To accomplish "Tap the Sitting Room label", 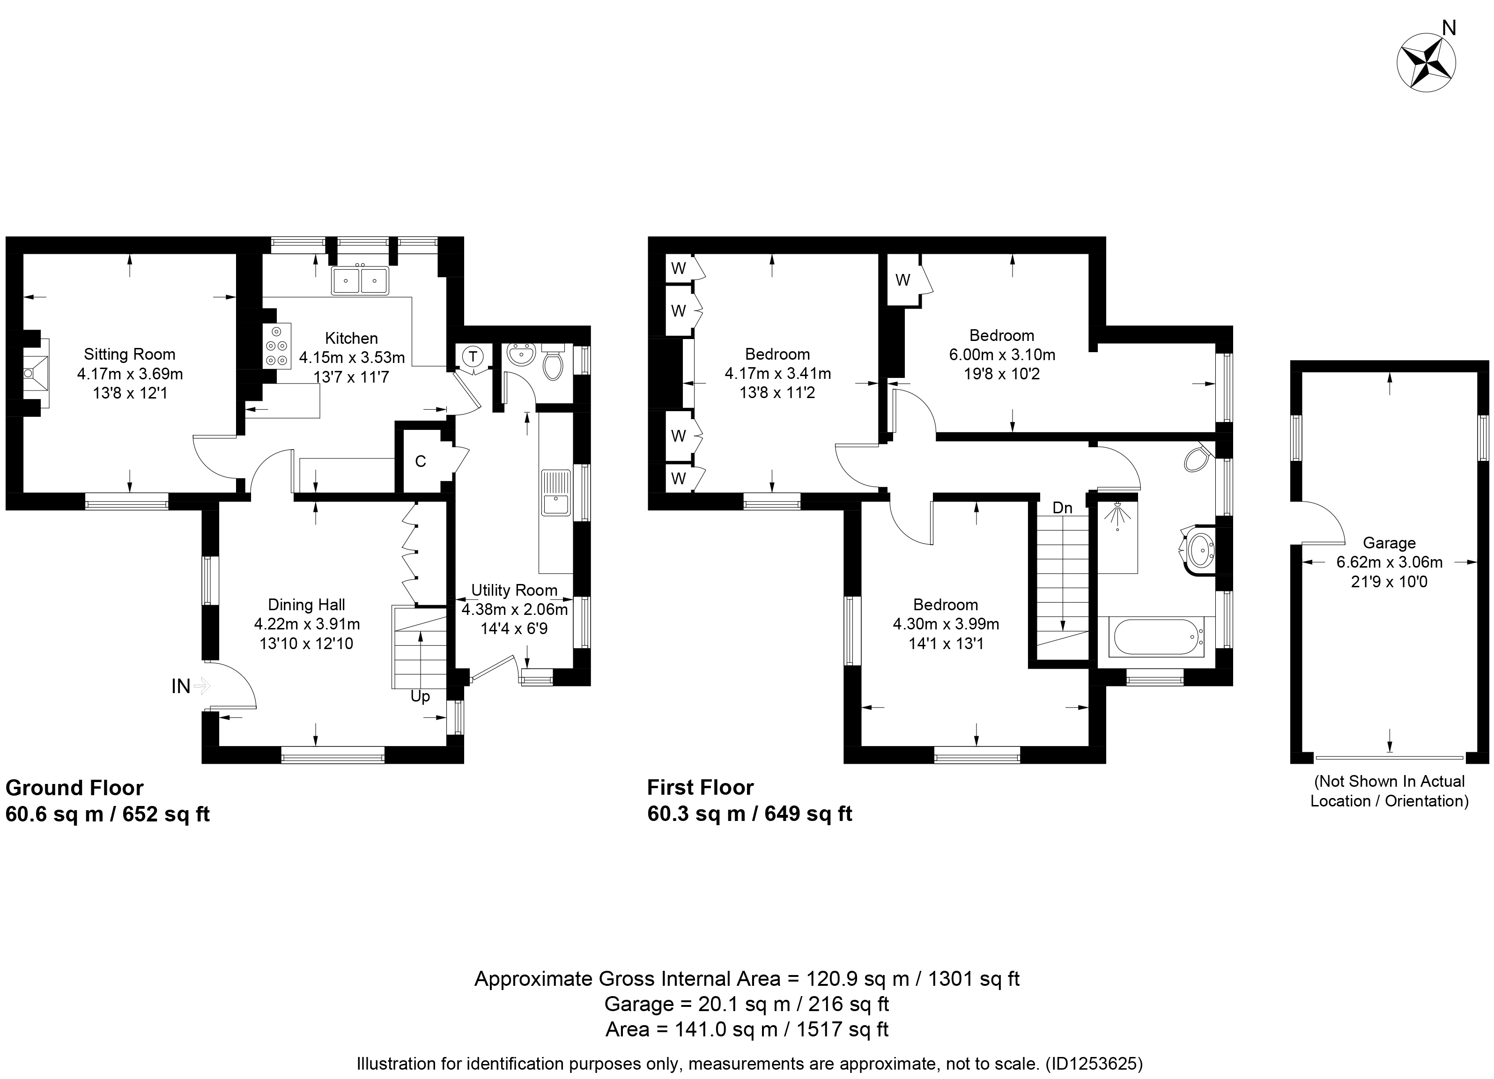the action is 130,355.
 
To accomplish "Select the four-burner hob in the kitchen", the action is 277,346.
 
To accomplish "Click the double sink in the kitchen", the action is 360,280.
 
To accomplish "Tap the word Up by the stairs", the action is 420,696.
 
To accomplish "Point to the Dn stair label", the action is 1063,508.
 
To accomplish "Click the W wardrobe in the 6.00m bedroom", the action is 902,280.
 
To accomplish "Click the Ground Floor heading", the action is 74,788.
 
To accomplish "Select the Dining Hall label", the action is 306,605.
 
